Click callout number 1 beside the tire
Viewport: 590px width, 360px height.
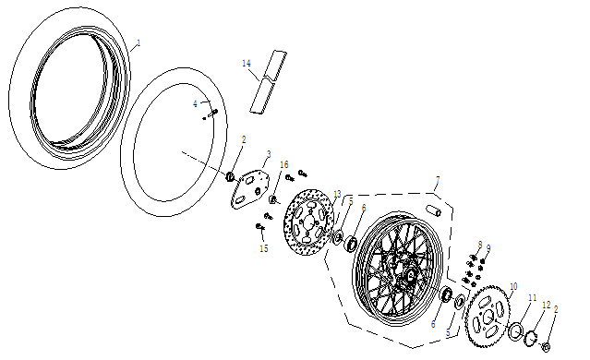point(138,42)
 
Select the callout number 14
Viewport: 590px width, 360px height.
point(247,63)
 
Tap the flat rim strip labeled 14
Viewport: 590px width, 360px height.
point(269,81)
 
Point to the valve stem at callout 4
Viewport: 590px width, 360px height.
point(212,114)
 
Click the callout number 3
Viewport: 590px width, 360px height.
point(269,154)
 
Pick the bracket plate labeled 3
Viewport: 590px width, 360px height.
point(250,189)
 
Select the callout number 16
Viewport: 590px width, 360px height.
point(284,164)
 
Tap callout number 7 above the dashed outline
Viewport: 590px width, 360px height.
point(438,180)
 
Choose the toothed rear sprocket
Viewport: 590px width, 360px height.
point(488,317)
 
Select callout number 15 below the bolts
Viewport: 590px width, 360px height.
point(264,248)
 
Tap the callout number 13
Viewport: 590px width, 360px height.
point(337,194)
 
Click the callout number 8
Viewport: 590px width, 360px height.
point(480,245)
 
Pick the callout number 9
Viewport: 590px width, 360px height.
point(488,248)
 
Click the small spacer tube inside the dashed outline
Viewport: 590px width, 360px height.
point(433,210)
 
